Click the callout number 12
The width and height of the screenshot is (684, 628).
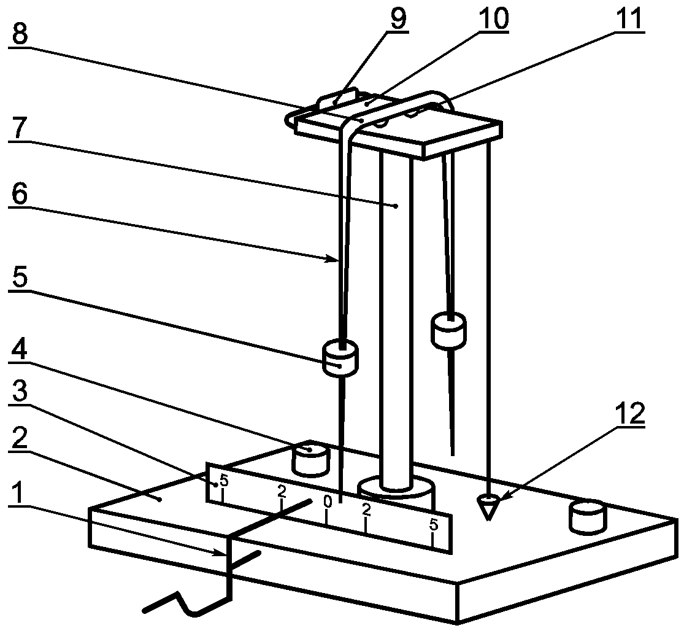[630, 414]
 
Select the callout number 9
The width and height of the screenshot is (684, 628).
[398, 18]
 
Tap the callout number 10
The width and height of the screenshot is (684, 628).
[493, 18]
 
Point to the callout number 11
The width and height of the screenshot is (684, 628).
[628, 18]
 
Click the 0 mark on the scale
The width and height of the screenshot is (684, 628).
[328, 502]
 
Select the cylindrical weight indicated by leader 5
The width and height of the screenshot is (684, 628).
[340, 358]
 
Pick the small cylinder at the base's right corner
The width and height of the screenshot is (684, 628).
[588, 518]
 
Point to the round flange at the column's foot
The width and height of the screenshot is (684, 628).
[396, 492]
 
